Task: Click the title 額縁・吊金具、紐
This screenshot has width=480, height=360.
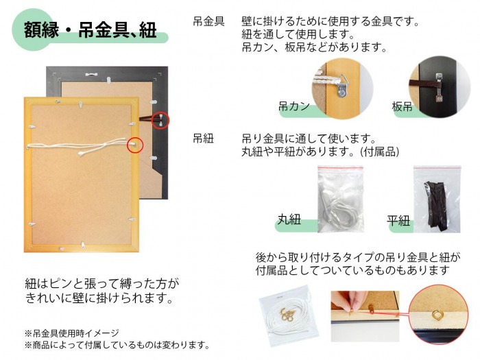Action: (x=90, y=31)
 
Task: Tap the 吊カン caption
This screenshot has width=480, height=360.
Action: (x=293, y=107)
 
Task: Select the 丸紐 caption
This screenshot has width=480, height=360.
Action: (x=289, y=220)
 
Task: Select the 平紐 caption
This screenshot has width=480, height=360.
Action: (x=398, y=220)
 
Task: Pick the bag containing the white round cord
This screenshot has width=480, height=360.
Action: (x=339, y=199)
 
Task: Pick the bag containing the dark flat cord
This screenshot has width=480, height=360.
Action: (x=436, y=199)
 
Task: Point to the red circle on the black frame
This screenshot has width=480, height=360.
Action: (x=159, y=120)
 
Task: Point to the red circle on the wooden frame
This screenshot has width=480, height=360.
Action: (x=136, y=145)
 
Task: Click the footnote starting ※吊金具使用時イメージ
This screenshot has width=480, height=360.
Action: (x=71, y=333)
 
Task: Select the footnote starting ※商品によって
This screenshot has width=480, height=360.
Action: (x=117, y=344)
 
